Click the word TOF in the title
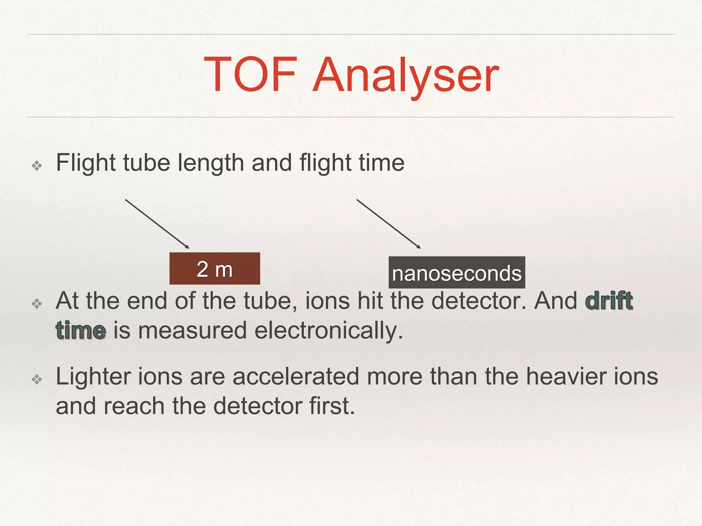251,74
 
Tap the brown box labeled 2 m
215,268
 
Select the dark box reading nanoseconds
457,273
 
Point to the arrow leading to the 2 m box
157,224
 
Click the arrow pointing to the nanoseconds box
388,224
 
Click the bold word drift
609,301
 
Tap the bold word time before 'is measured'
81,330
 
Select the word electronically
329,331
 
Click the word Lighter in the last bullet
93,376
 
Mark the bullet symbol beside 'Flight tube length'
37,166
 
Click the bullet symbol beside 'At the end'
37,303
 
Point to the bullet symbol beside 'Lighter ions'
37,379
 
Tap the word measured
192,331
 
